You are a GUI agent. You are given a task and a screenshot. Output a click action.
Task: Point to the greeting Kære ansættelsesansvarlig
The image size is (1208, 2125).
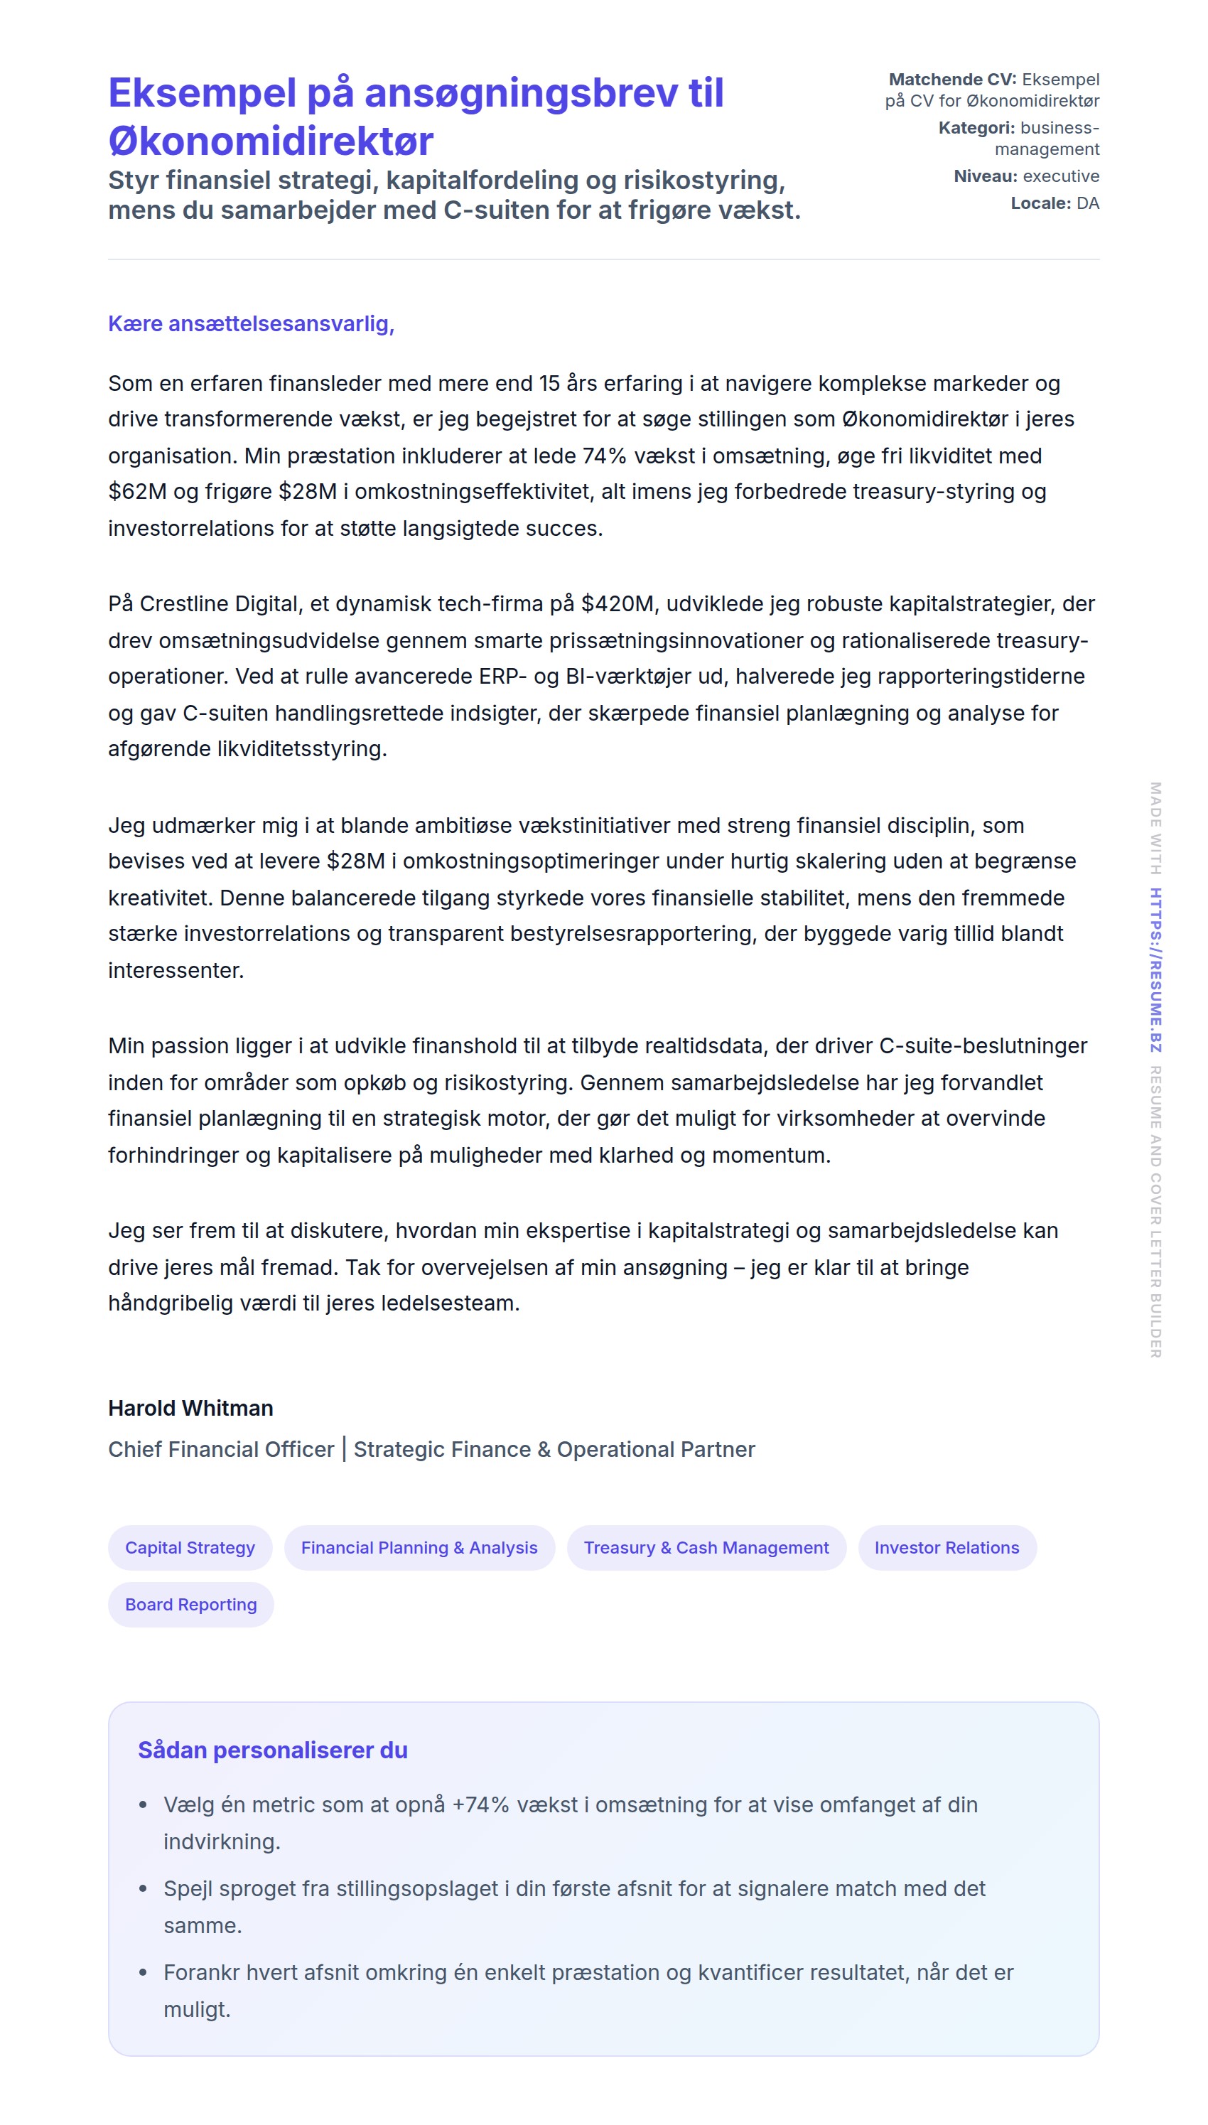(x=251, y=323)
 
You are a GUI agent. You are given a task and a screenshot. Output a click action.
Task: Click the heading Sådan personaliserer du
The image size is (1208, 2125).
(x=272, y=1750)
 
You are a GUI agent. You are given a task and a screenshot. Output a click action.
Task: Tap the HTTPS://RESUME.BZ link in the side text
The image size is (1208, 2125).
(x=1155, y=970)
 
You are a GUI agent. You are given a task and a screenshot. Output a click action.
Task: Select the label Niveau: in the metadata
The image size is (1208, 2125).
(x=985, y=176)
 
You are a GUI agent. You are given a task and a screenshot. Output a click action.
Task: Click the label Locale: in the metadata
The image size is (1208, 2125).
(x=1040, y=203)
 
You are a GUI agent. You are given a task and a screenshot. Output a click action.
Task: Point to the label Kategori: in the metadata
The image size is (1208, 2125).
(x=976, y=128)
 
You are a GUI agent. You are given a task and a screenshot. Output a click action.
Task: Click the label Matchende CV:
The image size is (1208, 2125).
(x=951, y=80)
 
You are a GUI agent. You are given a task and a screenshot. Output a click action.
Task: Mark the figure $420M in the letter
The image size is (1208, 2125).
(x=618, y=604)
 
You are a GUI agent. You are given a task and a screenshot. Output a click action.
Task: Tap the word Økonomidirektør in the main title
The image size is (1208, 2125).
(x=271, y=141)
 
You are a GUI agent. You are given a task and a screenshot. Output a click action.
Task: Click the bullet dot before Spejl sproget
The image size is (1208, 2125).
(x=144, y=1888)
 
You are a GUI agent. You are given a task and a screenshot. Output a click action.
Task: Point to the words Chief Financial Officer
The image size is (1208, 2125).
(x=221, y=1450)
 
